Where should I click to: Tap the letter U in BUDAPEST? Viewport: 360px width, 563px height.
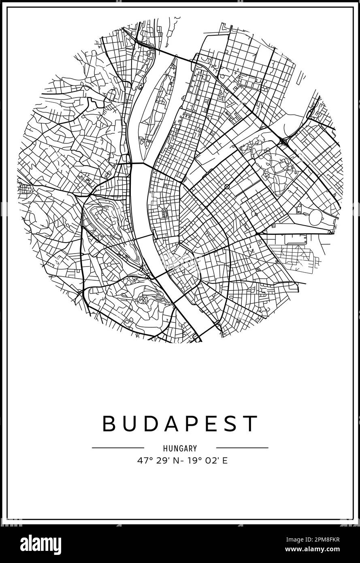point(130,424)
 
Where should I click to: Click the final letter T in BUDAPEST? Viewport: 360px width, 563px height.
point(251,424)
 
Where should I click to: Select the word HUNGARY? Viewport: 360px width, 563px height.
point(180,448)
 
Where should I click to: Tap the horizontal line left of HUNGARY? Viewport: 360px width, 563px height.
point(118,448)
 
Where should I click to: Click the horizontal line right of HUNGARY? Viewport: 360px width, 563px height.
point(242,448)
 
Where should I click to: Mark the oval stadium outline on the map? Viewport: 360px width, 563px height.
point(315,218)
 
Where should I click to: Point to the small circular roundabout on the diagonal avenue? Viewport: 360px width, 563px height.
point(227,187)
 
